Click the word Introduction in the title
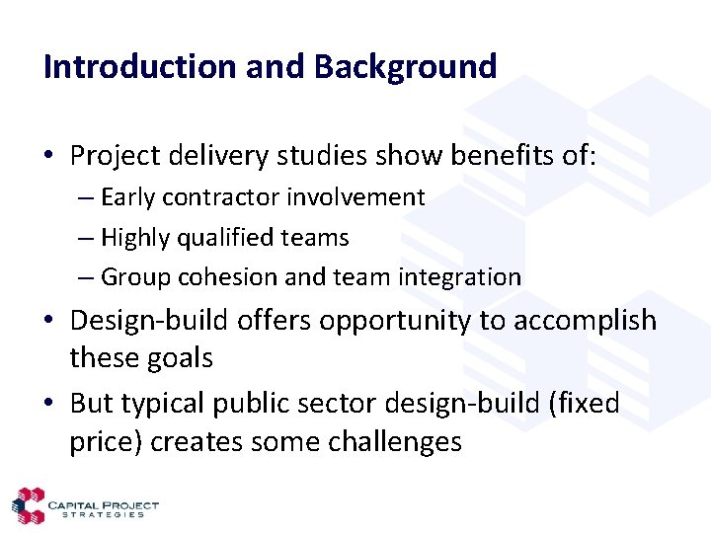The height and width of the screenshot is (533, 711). [139, 67]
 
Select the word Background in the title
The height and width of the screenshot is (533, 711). [405, 67]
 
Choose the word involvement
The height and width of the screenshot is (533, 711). [355, 197]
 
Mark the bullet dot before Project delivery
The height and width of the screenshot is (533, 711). [49, 156]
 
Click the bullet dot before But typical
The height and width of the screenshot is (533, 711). [49, 404]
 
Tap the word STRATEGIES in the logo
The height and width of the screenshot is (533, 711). [103, 514]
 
